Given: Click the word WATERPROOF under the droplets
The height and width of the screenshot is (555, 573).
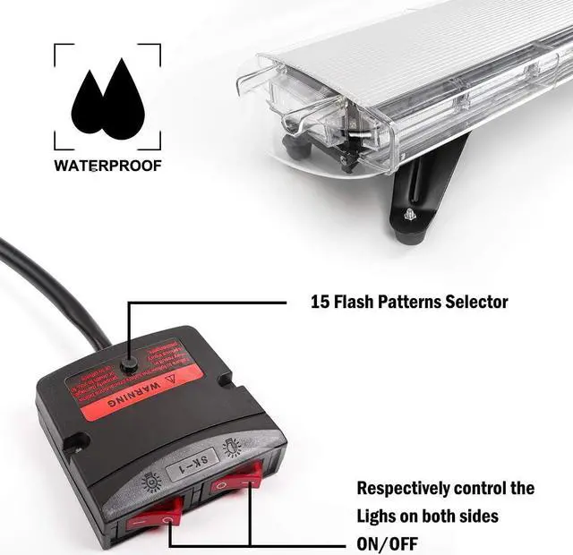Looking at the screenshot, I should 107,166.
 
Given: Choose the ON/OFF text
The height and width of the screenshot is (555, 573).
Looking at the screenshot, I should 387,543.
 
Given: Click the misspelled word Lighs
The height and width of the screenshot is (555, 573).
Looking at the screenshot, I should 382,517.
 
